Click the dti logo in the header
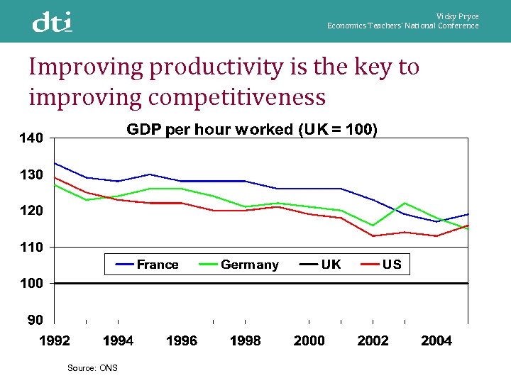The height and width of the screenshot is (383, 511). [52, 22]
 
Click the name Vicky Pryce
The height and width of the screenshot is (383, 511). [457, 16]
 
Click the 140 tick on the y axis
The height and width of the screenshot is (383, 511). [31, 138]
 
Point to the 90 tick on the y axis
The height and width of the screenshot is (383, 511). [35, 320]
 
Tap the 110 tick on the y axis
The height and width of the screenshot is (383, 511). [31, 247]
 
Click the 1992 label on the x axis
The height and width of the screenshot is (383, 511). [55, 341]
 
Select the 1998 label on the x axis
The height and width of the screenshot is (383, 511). [246, 341]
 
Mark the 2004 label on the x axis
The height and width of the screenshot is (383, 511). [436, 341]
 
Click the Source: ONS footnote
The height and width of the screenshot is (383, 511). [92, 367]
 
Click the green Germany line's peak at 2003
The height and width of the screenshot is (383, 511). [405, 203]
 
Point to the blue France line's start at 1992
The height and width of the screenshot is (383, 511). [55, 163]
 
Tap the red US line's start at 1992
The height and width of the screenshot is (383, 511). [55, 177]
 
